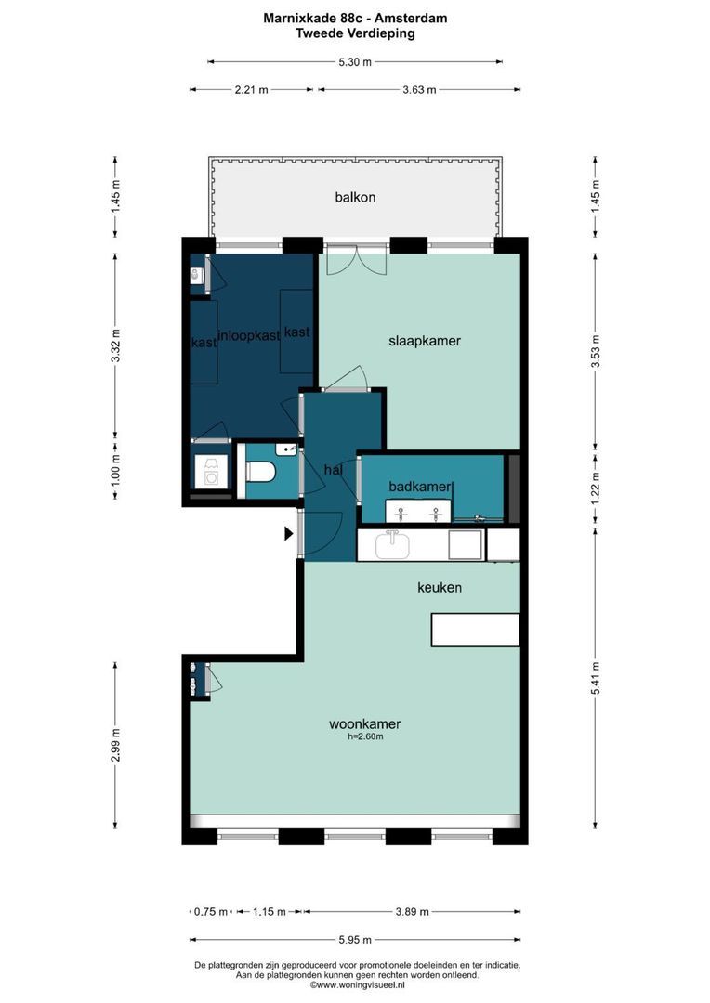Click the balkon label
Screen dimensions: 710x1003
point(355,197)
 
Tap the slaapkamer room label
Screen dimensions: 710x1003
point(425,341)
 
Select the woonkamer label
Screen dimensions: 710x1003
point(365,724)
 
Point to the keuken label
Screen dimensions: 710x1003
point(440,587)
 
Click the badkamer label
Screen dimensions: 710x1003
point(420,487)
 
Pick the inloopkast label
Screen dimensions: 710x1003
point(249,336)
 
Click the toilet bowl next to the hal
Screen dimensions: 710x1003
point(260,472)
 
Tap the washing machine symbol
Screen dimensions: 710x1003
point(211,471)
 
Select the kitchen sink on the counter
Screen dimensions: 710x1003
point(392,546)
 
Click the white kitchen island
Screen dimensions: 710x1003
point(475,630)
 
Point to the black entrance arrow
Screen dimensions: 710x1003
point(289,533)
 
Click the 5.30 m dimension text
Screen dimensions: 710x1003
point(355,62)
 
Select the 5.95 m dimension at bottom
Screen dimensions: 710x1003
point(355,940)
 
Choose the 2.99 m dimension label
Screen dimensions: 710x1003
point(115,745)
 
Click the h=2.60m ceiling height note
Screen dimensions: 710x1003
point(365,736)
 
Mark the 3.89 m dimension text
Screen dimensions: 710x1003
point(412,912)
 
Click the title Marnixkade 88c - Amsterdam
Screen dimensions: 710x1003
point(355,18)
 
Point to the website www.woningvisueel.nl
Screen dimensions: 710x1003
point(357,985)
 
